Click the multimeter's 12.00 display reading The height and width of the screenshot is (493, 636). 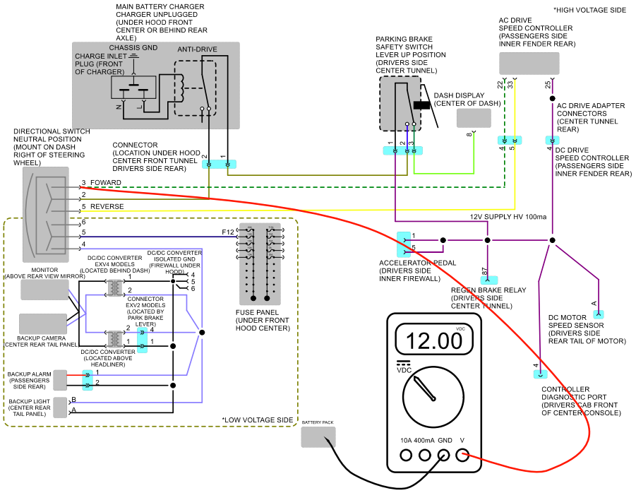(434, 340)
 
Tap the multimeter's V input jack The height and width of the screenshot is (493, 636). (462, 456)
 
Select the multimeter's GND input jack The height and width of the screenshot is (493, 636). (444, 456)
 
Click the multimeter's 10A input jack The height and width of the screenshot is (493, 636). (406, 456)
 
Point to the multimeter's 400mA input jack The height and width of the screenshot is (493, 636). (425, 456)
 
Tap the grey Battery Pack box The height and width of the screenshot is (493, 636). (318, 437)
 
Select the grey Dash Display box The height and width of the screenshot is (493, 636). (474, 118)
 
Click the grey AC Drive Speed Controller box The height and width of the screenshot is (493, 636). (529, 64)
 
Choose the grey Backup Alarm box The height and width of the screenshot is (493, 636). (60, 380)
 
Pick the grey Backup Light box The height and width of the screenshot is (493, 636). (60, 408)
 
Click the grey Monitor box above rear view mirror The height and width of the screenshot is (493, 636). (44, 290)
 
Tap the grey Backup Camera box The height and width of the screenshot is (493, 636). (43, 323)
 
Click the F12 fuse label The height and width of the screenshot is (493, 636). (228, 232)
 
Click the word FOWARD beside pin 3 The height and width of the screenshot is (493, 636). (105, 183)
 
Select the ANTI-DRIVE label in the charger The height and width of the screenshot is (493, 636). (197, 49)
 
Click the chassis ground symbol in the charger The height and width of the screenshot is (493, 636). (133, 57)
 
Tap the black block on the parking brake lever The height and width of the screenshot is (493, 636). (422, 105)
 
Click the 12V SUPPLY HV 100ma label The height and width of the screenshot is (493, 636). (508, 217)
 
